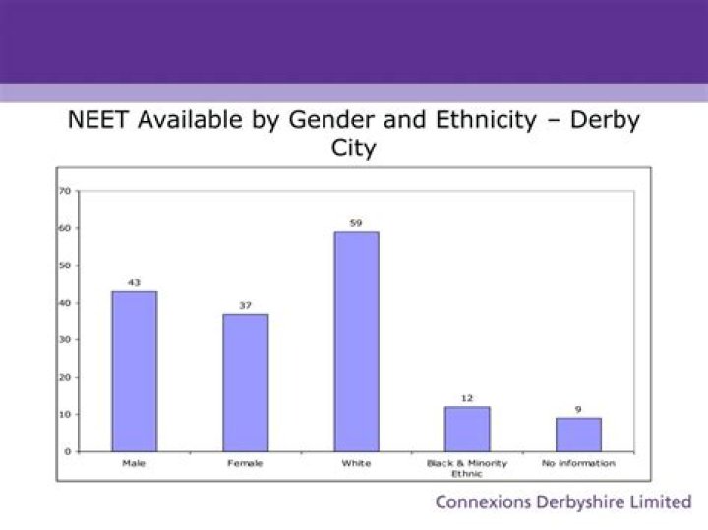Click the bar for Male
(x=134, y=371)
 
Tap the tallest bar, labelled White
(x=356, y=341)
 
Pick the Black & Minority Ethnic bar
(x=467, y=429)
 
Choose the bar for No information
(x=578, y=434)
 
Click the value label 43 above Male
(x=134, y=282)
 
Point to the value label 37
(x=245, y=305)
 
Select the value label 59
(x=356, y=223)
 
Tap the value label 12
(x=467, y=398)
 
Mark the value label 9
(x=578, y=409)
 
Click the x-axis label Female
(x=245, y=463)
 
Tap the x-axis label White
(x=356, y=463)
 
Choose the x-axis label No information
(x=578, y=463)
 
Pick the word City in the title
(x=353, y=149)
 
